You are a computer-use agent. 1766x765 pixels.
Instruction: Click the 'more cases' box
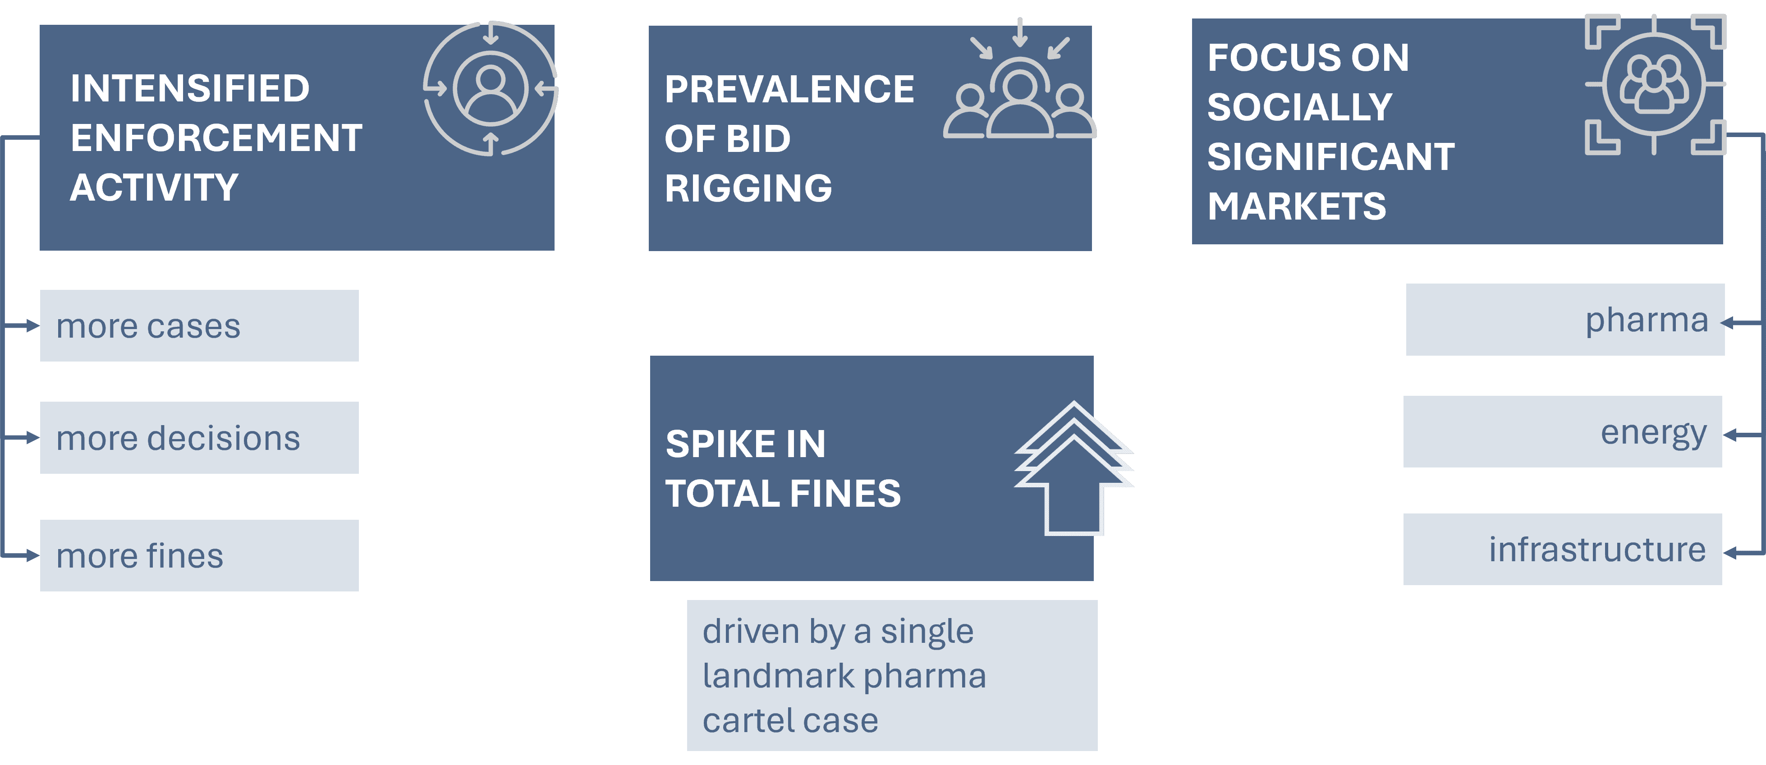199,325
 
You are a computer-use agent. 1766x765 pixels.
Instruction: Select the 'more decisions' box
199,437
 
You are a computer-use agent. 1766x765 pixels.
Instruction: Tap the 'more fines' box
199,555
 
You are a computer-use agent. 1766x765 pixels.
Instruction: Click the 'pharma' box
1564,320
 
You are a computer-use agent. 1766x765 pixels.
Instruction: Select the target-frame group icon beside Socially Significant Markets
1654,84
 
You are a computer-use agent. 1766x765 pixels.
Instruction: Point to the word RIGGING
748,188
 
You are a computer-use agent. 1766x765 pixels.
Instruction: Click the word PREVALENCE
789,89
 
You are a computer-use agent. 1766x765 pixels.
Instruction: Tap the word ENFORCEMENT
216,138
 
